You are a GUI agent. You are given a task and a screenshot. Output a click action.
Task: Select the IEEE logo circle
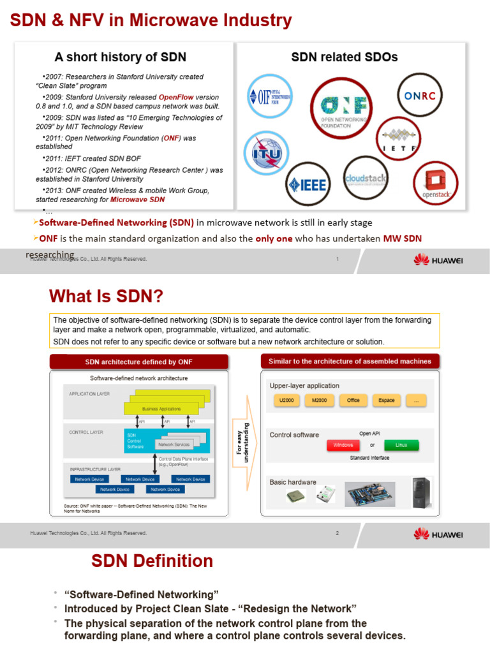click(x=308, y=184)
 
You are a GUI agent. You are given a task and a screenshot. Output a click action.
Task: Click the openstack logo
click(x=436, y=184)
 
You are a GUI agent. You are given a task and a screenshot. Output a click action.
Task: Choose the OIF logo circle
click(x=270, y=96)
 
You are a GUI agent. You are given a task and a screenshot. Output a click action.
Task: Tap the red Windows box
click(x=343, y=445)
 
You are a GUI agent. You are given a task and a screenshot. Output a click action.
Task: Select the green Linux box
click(x=401, y=445)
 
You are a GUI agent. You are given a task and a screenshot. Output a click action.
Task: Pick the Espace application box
click(x=386, y=400)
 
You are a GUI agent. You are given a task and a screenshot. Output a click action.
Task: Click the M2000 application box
click(x=318, y=400)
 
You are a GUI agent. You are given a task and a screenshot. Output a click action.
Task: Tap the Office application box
click(x=353, y=400)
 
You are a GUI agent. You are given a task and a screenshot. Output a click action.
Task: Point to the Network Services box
click(x=174, y=444)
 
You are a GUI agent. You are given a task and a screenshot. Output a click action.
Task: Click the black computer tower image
click(x=421, y=492)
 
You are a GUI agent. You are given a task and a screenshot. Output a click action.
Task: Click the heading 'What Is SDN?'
click(x=106, y=297)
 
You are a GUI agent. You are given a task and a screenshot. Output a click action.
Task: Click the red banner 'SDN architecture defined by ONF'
click(x=138, y=362)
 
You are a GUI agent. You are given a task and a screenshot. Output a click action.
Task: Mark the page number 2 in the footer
click(x=337, y=533)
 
